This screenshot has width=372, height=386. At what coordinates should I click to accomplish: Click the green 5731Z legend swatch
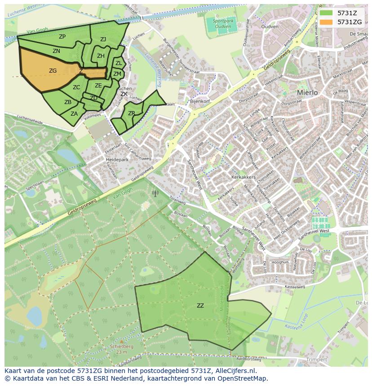[327, 13]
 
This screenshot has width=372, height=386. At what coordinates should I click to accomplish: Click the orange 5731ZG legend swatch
[327, 22]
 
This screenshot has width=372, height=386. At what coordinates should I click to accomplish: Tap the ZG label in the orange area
[53, 71]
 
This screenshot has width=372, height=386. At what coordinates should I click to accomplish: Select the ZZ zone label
[200, 306]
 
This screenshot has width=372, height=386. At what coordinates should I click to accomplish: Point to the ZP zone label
[62, 37]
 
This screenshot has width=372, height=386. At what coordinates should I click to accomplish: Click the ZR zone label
[131, 113]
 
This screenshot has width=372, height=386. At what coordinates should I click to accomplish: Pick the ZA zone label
[74, 114]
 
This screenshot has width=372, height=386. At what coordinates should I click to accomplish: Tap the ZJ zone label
[103, 39]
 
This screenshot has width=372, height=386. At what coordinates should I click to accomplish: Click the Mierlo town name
[307, 92]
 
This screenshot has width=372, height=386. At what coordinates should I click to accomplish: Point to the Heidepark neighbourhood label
[117, 159]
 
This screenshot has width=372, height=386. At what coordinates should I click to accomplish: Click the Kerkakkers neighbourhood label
[244, 177]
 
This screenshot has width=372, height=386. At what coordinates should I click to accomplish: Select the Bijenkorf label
[200, 102]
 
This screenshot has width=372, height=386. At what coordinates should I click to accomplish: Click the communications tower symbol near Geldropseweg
[155, 193]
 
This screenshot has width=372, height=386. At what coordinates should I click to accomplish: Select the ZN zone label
[56, 51]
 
